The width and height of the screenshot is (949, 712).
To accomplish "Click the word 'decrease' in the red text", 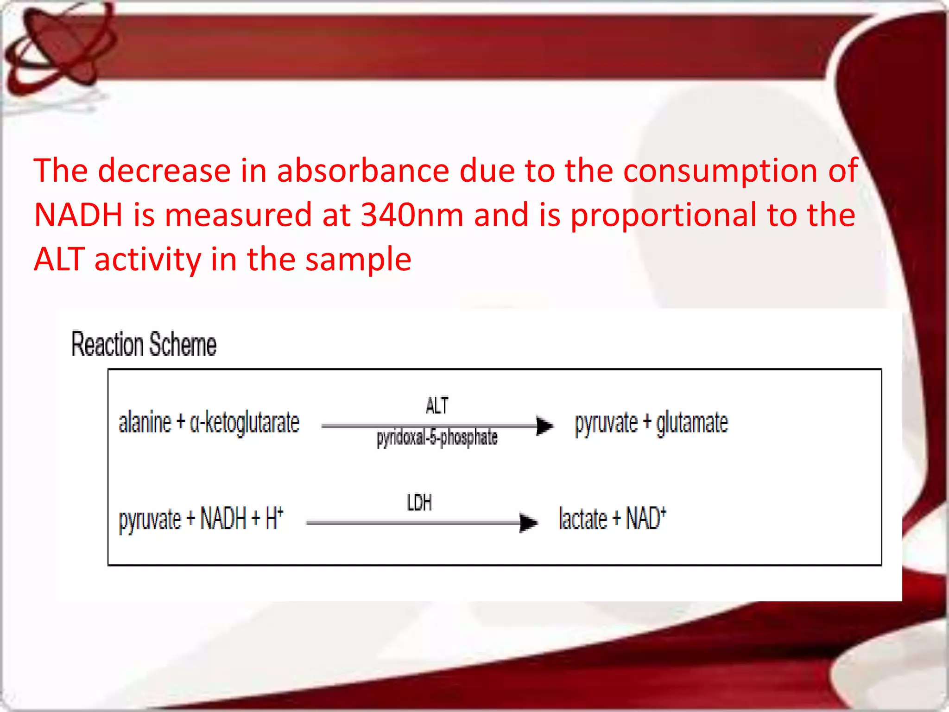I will [x=164, y=171].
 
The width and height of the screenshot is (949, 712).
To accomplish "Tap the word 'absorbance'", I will [x=363, y=171].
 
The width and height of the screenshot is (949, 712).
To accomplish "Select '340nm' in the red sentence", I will [x=412, y=215].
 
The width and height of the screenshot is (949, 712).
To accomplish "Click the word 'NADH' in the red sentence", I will [x=78, y=215].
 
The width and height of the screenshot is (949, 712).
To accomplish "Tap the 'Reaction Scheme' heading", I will [x=144, y=344].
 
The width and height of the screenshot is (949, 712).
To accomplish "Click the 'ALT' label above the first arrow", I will [x=437, y=406].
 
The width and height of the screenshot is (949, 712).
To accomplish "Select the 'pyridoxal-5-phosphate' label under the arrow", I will [x=437, y=438].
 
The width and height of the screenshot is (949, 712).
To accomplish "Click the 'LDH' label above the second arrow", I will [x=419, y=503].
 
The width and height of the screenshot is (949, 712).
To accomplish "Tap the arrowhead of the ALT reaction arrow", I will [x=544, y=426].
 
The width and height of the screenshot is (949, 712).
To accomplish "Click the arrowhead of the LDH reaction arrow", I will [x=528, y=523].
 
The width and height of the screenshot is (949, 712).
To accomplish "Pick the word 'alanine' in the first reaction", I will [x=145, y=423].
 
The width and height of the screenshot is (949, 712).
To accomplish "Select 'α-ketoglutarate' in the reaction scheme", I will [x=245, y=423].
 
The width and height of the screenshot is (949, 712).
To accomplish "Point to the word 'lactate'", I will [x=583, y=519].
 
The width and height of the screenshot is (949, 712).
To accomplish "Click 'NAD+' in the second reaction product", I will [x=646, y=518].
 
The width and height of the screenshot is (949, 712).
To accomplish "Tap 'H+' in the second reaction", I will [x=274, y=518].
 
